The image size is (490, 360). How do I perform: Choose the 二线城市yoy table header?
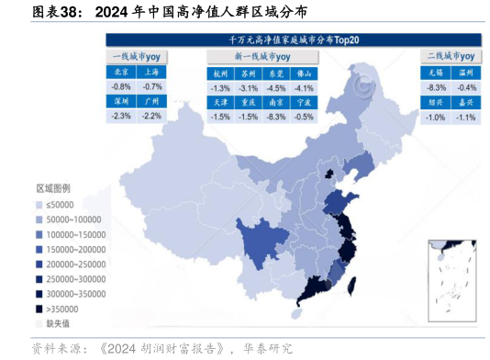click(450, 56)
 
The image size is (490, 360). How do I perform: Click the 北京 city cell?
click(121, 71)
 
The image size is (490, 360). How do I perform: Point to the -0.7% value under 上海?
click(152, 86)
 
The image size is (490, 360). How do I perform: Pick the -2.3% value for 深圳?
click(121, 116)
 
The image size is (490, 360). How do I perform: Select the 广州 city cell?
click(152, 101)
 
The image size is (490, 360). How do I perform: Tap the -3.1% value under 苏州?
click(248, 88)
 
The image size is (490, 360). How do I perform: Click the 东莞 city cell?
click(275, 73)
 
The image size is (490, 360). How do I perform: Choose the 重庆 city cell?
click(248, 103)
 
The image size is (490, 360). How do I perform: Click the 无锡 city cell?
click(436, 72)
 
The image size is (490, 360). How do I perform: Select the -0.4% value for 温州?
click(465, 87)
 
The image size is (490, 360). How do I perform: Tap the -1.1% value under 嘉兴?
click(465, 118)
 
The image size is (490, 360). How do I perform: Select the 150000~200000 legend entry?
click(73, 249)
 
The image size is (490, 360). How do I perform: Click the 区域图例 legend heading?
click(53, 188)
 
